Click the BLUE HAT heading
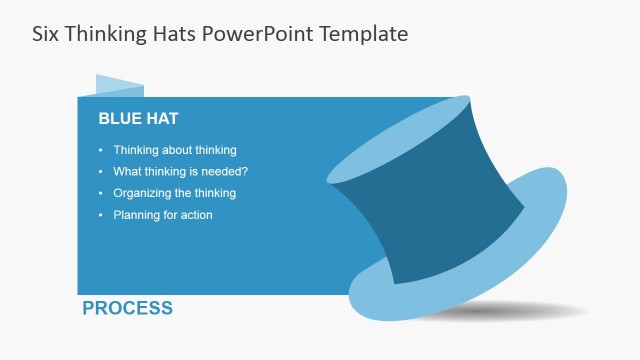(138, 118)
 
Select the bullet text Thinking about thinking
(174, 150)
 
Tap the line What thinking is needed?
(180, 172)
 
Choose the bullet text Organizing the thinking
(174, 193)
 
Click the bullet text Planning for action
(162, 215)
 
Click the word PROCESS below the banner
(127, 308)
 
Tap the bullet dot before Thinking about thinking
(101, 150)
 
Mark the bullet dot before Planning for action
(101, 215)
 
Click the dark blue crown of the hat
(430, 195)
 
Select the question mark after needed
(245, 172)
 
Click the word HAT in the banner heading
(160, 118)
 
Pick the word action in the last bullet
(195, 215)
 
